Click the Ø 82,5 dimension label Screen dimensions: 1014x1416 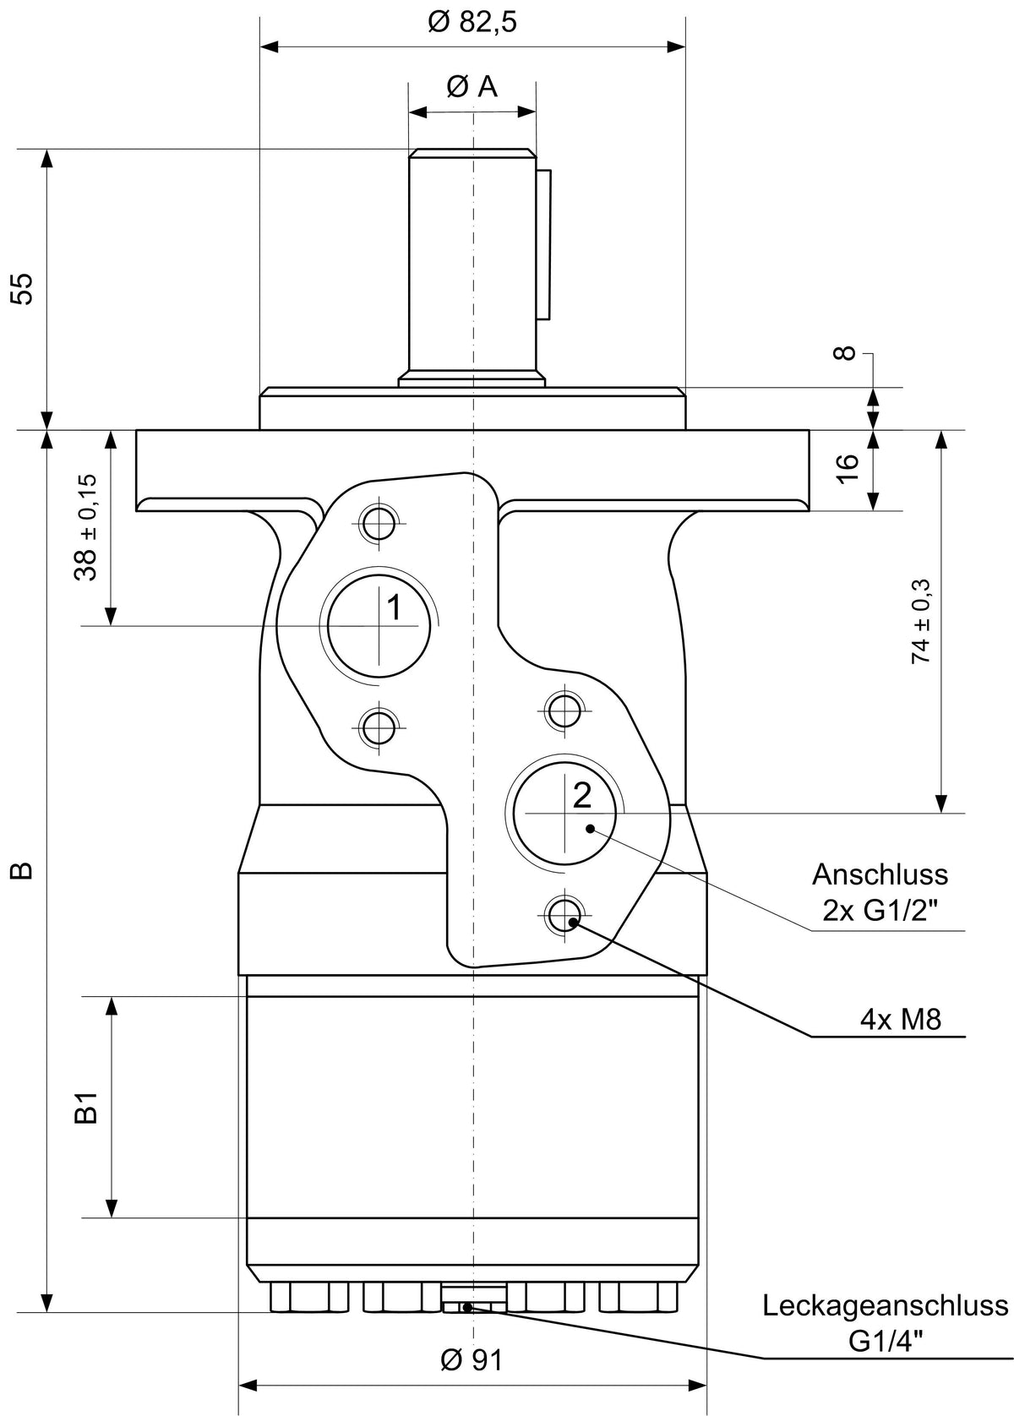click(x=472, y=23)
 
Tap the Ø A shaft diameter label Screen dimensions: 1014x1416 click(x=472, y=87)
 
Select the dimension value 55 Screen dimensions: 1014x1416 click(x=23, y=289)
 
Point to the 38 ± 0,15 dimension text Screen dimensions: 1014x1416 click(x=86, y=526)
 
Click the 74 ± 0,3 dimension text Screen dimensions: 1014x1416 click(x=921, y=621)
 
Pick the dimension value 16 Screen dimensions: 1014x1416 click(x=848, y=468)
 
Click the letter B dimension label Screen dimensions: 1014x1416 click(x=23, y=870)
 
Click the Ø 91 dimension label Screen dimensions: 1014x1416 click(x=472, y=1359)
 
